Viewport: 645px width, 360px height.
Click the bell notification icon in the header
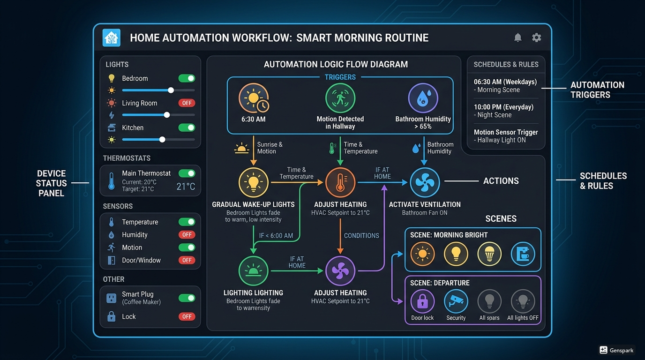tap(517, 37)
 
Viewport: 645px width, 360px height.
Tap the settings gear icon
tap(536, 37)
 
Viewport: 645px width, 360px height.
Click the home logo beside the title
tap(112, 37)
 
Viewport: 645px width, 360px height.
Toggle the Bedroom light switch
tap(187, 78)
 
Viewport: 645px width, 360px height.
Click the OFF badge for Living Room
tap(187, 103)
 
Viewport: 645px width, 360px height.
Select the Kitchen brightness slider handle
tap(162, 140)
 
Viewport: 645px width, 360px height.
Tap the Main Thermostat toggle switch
tap(187, 173)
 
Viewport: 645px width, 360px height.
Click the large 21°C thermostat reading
tap(186, 187)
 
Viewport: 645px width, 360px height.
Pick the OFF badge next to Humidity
tap(187, 235)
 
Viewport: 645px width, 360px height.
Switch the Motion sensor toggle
tap(187, 247)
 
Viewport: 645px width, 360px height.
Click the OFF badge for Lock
tap(187, 316)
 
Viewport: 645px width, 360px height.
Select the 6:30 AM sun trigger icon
tap(254, 98)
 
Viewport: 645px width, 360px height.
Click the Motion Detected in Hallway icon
tap(340, 98)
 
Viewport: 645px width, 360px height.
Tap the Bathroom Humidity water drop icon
tap(423, 98)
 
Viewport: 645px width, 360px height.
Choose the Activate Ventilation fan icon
tap(425, 182)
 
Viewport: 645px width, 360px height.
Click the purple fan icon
tap(340, 271)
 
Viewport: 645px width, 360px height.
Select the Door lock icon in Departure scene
tap(422, 301)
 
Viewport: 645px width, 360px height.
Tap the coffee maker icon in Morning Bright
tap(523, 254)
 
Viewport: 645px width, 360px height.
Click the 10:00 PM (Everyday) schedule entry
tap(503, 111)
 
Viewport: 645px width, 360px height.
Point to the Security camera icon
tap(456, 301)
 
